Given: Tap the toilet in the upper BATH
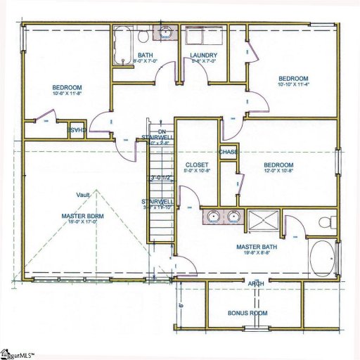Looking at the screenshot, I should [143, 35].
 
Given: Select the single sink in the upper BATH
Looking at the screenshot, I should [166, 32].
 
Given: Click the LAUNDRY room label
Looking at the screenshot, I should [203, 56].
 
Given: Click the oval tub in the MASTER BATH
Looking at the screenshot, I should [323, 259].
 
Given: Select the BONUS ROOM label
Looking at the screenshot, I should [247, 313].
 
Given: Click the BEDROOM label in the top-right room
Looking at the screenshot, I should [293, 78].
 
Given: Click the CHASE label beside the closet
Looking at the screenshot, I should [228, 152].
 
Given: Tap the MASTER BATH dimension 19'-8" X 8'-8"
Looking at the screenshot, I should [252, 255].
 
